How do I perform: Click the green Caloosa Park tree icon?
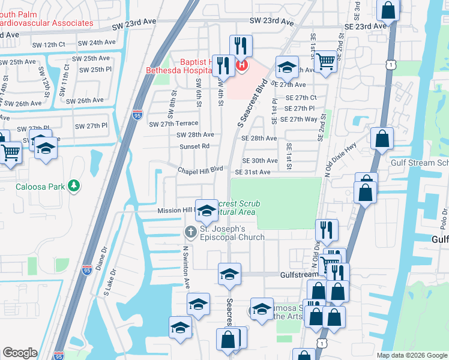click(74, 186)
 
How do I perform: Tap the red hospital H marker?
click(242, 64)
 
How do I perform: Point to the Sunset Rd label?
click(194, 146)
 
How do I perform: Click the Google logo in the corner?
click(20, 353)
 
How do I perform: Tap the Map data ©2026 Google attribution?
click(411, 355)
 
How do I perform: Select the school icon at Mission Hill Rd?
click(206, 211)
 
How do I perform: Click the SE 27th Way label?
click(302, 119)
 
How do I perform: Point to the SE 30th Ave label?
click(260, 161)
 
